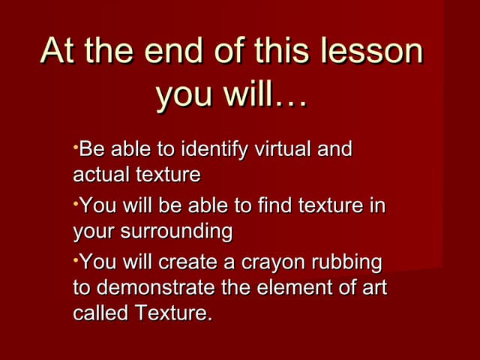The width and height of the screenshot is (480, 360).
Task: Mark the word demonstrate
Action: pyautogui.click(x=158, y=287)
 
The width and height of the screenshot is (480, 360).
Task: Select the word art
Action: pyautogui.click(x=373, y=287)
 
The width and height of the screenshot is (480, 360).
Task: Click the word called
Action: pyautogui.click(x=100, y=313)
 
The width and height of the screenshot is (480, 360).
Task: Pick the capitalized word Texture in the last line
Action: pyautogui.click(x=172, y=313)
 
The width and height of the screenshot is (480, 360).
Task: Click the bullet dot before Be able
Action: pyautogui.click(x=76, y=143)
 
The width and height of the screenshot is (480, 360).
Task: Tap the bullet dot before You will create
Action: pyautogui.click(x=76, y=256)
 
